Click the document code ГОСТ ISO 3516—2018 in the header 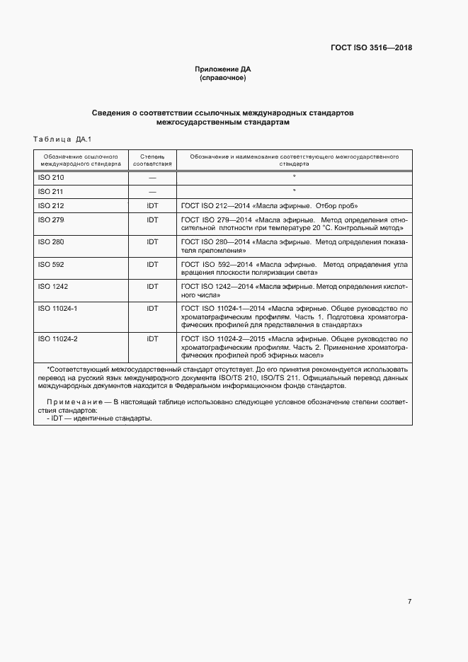(371, 48)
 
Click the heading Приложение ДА (223, 69)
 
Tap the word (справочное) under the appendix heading (223, 78)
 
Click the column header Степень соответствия (152, 159)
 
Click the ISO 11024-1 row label (57, 309)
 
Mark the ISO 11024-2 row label (57, 339)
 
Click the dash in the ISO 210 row (152, 178)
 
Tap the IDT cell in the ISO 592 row (152, 264)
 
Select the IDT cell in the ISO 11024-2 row (152, 339)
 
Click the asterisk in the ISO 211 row (294, 190)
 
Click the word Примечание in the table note (66, 401)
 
